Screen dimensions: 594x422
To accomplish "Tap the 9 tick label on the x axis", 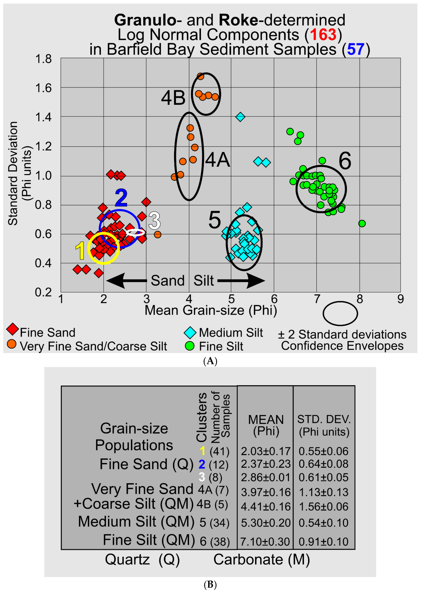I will tap(400, 299).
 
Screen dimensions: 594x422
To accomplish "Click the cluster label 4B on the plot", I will tap(173, 98).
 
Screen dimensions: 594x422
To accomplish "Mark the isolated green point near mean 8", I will tap(362, 223).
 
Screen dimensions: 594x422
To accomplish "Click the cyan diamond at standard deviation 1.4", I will tap(240, 117).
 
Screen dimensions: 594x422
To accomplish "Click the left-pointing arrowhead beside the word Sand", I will tap(116, 281).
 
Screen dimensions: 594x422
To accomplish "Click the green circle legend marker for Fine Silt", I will tap(190, 346).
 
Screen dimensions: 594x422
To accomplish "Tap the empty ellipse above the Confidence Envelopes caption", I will tap(340, 313).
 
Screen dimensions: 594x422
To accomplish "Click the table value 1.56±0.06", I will tap(323, 506).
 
